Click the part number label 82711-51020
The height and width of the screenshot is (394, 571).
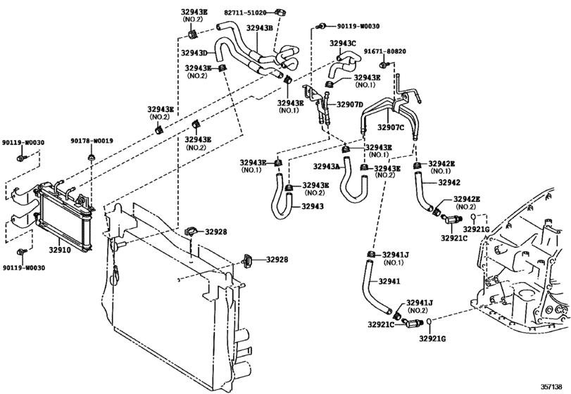pos(245,13)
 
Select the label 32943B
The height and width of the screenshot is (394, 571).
pos(259,28)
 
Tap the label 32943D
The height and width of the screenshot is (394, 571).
pos(194,53)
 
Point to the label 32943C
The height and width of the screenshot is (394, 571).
pos(343,44)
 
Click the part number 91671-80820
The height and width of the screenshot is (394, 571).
pos(385,51)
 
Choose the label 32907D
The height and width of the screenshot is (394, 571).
pos(350,105)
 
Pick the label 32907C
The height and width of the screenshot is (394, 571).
pos(391,127)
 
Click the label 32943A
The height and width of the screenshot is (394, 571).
pos(326,167)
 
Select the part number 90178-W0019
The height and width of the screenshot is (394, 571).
pos(92,141)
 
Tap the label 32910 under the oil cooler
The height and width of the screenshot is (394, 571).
pos(60,250)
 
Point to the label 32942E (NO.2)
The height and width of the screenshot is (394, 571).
pos(467,203)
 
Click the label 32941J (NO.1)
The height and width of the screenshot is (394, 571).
pos(395,259)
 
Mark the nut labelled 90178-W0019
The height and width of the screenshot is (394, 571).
pos(91,158)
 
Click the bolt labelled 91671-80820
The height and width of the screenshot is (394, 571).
pos(383,65)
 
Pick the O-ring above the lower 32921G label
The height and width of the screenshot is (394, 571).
pos(429,322)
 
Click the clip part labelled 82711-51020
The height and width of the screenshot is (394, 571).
pos(281,13)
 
